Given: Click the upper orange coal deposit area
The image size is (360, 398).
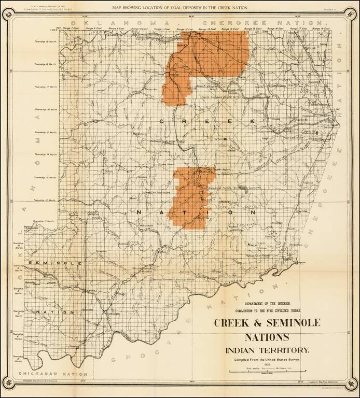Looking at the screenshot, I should coord(207,57).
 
